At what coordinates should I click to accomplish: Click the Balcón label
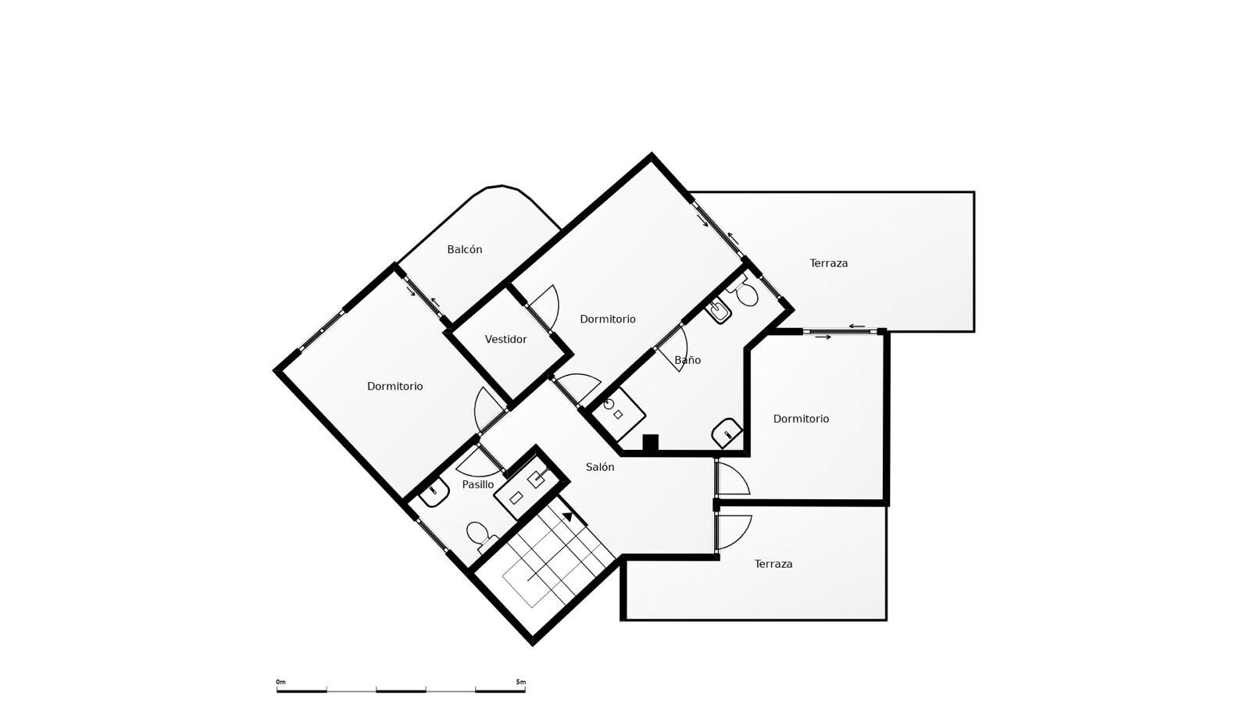(464, 249)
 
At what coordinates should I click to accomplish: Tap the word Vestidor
(505, 339)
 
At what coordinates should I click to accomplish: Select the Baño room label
(687, 360)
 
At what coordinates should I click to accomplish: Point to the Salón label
(600, 467)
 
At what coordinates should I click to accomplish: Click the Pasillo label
(477, 484)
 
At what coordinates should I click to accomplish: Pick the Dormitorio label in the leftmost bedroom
(395, 386)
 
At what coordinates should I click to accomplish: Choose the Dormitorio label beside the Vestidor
(608, 319)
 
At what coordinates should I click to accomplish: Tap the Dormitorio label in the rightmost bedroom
(801, 419)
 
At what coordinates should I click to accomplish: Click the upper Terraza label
(829, 262)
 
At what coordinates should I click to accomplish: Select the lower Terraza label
(773, 564)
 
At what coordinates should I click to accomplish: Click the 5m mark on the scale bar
(520, 682)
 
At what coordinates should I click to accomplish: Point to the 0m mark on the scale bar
(280, 682)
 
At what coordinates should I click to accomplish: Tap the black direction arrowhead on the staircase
(567, 516)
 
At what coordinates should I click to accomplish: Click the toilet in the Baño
(745, 294)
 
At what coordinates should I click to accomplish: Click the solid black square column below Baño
(651, 443)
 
